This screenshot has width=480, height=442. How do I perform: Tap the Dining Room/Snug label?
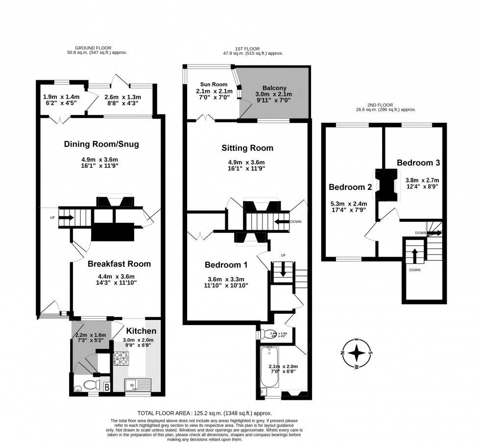tap(102, 144)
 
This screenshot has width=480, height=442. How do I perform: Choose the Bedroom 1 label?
tap(226, 265)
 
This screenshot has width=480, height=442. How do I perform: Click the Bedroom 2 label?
tap(350, 187)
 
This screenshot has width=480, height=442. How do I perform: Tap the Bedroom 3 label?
tap(418, 163)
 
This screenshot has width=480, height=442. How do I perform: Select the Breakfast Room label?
tap(119, 264)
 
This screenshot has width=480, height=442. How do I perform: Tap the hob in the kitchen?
tap(120, 360)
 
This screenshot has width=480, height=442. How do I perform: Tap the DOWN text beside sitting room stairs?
tap(295, 222)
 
